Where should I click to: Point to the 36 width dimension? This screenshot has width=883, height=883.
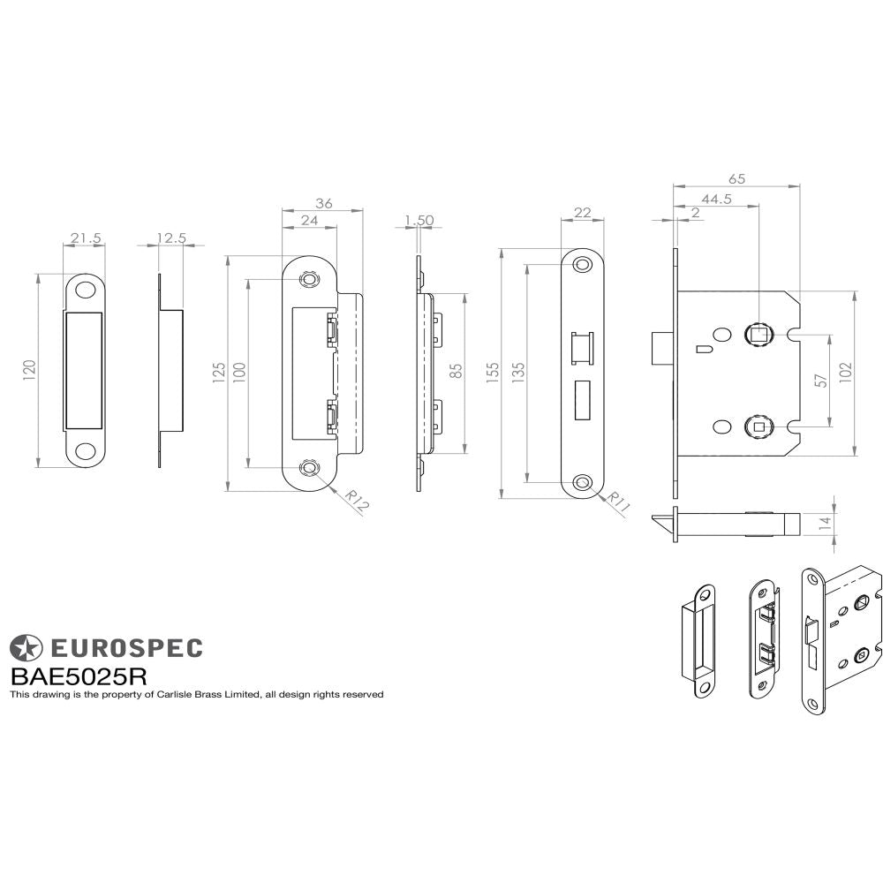pyautogui.click(x=323, y=203)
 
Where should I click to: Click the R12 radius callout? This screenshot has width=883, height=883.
pyautogui.click(x=356, y=502)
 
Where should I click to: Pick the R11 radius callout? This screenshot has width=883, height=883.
pyautogui.click(x=616, y=504)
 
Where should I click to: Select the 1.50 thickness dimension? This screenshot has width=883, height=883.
pyautogui.click(x=418, y=221)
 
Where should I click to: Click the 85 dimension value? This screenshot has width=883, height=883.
pyautogui.click(x=456, y=371)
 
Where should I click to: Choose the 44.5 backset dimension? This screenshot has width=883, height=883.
pyautogui.click(x=716, y=200)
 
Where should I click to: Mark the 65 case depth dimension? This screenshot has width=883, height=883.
pyautogui.click(x=736, y=179)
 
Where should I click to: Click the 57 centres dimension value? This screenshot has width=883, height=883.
pyautogui.click(x=820, y=380)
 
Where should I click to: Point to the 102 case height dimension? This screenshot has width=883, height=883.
pyautogui.click(x=846, y=373)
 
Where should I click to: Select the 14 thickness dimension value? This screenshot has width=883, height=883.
pyautogui.click(x=825, y=522)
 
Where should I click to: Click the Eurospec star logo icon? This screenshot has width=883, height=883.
pyautogui.click(x=26, y=648)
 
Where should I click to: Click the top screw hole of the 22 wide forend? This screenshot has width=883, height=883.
pyautogui.click(x=583, y=265)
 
